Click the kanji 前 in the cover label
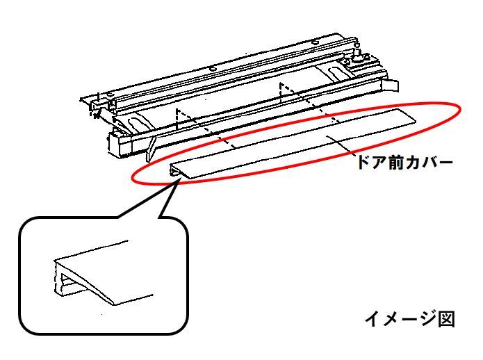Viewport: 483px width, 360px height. tap(396, 163)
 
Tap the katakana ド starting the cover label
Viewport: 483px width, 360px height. tap(363, 163)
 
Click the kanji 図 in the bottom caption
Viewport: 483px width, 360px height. tap(446, 320)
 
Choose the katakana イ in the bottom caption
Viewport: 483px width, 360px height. tap(373, 320)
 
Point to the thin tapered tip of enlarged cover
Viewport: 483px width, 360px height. tap(114, 304)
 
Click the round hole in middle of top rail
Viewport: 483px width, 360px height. tap(212, 69)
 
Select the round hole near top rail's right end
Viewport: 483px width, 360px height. tap(315, 42)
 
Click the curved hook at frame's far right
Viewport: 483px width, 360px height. tap(391, 85)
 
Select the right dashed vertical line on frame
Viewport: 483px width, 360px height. tap(280, 93)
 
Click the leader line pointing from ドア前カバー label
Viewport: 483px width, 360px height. tap(342, 144)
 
